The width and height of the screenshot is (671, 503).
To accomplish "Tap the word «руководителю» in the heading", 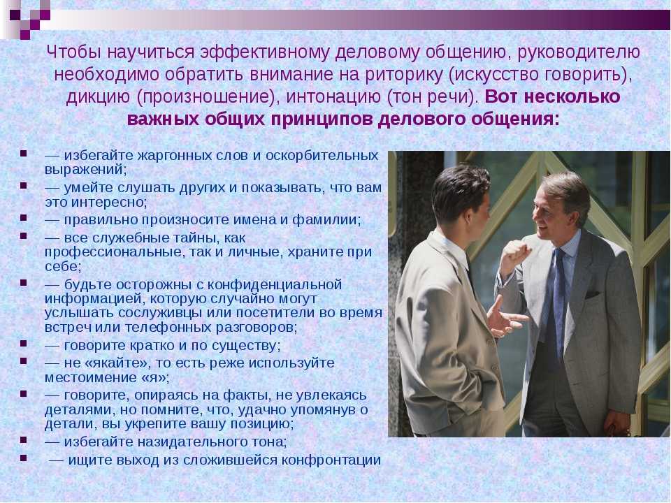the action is [579, 52].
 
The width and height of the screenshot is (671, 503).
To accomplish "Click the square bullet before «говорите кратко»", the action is [23, 343].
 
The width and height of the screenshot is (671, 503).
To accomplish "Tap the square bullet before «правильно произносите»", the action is [23, 218].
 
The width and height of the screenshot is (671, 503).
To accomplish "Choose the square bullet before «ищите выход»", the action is [23, 458].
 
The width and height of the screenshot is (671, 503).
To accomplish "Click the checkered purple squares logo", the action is [26, 17].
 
